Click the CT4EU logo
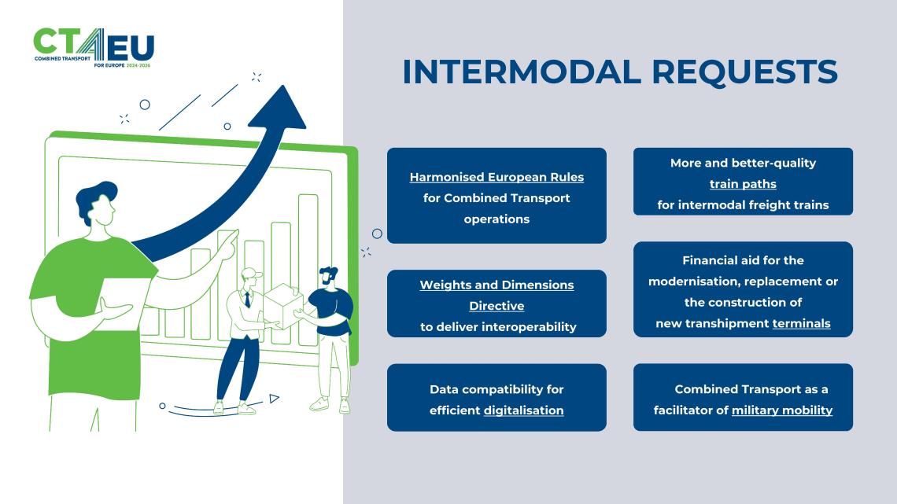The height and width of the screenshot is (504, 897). [94, 48]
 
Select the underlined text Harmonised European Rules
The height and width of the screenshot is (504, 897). [496, 177]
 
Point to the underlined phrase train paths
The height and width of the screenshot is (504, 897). [743, 184]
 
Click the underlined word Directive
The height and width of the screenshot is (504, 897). [496, 306]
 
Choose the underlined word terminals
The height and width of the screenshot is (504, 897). [801, 323]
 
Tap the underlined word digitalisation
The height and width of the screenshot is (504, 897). [523, 410]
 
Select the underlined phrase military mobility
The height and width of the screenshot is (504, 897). [781, 410]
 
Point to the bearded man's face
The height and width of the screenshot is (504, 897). [326, 279]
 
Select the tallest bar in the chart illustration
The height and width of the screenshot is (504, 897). [308, 267]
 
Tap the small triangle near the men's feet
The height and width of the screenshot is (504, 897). [273, 399]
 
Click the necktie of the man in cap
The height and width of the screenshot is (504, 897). [248, 299]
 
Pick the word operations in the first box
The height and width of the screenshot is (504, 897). [496, 219]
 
